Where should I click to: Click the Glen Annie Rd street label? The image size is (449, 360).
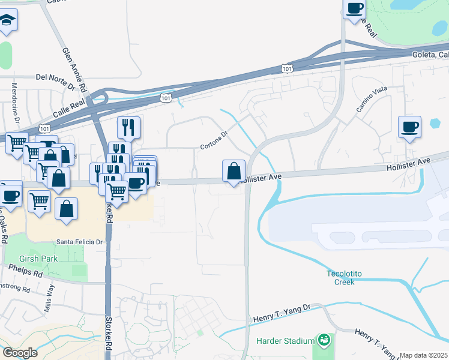[75, 69]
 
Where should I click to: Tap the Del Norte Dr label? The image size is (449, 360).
[54, 77]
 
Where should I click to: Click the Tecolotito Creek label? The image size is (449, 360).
[345, 277]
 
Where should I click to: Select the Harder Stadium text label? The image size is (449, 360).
[285, 341]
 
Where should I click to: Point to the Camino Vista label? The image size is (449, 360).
[373, 100]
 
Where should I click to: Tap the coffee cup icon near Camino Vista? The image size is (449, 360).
[410, 127]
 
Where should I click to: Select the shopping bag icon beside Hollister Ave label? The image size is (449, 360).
[233, 171]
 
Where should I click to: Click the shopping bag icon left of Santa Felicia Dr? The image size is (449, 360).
[66, 209]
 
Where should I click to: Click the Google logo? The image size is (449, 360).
[20, 353]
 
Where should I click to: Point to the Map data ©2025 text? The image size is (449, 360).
[424, 355]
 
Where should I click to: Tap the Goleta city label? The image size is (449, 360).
[430, 55]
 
